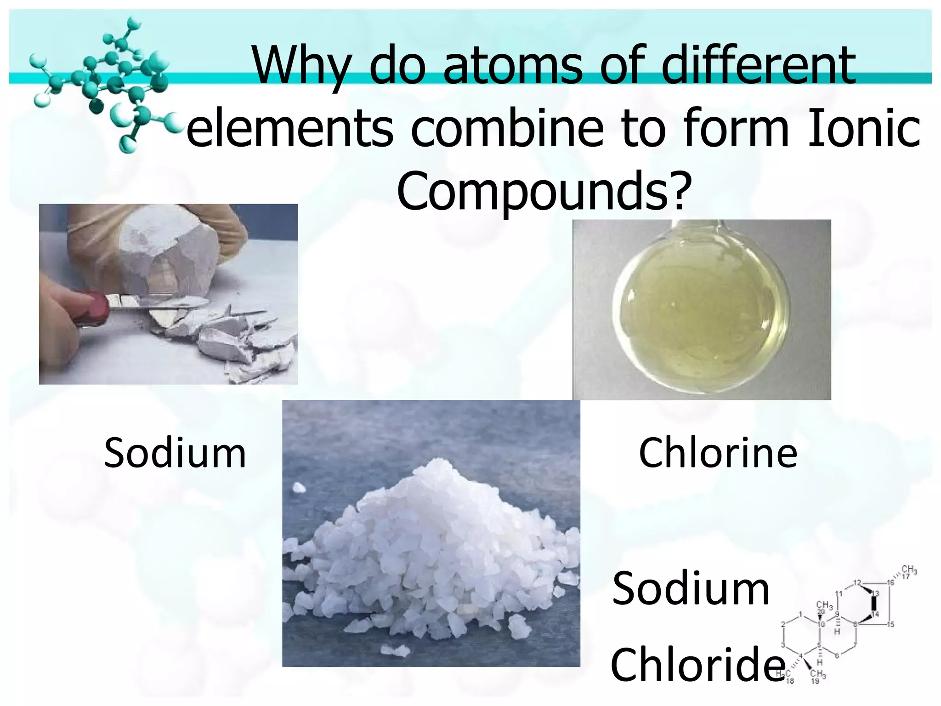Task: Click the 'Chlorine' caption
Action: pos(718,453)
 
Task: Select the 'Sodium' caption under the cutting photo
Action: pos(175,453)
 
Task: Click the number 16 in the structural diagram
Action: pos(890,583)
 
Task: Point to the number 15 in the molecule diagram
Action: pos(890,624)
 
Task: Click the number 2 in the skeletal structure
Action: pos(783,624)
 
